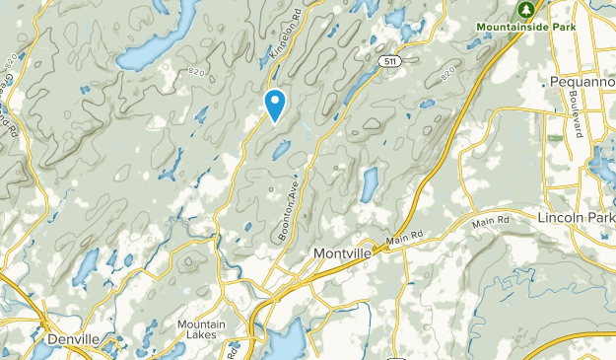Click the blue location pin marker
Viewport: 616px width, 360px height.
pos(276,103)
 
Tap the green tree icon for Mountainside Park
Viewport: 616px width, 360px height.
pos(526,8)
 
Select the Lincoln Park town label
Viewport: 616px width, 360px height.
pos(576,216)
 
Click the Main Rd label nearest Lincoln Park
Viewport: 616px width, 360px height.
pos(490,221)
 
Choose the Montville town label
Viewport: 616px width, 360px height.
pos(344,252)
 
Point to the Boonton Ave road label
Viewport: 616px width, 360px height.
pos(287,206)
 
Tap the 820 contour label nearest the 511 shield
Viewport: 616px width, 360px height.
pos(450,73)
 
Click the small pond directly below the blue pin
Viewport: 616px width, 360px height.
pos(281,149)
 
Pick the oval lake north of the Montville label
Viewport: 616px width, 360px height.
pos(370,183)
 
